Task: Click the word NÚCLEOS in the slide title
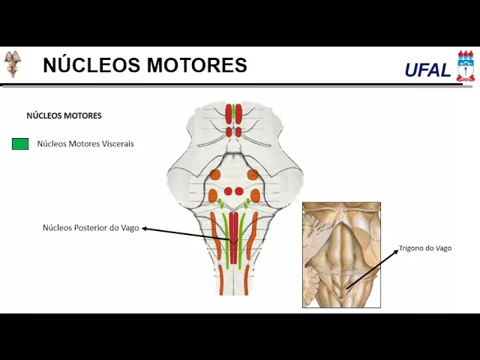(x=91, y=65)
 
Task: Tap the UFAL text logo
(x=427, y=70)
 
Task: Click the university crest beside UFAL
(x=465, y=66)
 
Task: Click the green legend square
(x=20, y=143)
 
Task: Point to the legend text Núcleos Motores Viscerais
(x=85, y=143)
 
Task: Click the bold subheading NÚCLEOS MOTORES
(x=64, y=116)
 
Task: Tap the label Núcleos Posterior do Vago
(x=91, y=228)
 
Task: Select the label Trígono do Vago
(x=424, y=248)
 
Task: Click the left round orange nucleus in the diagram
(x=215, y=175)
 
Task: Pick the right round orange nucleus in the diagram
(x=253, y=175)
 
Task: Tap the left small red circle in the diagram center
(x=229, y=191)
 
